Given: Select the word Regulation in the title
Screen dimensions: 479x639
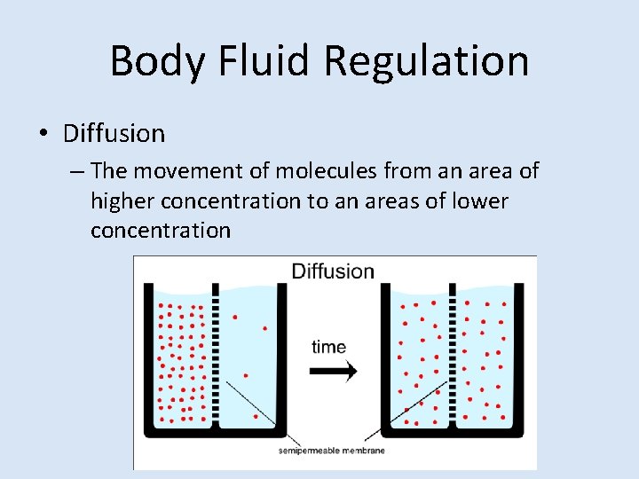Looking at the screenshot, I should point(426,61).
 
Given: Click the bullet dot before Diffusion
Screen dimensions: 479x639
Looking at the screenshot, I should point(43,135).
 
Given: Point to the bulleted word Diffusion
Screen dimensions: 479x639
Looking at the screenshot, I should point(114,134).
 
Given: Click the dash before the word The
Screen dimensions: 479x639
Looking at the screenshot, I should point(77,170).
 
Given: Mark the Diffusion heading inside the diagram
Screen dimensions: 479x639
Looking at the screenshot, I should point(333,271).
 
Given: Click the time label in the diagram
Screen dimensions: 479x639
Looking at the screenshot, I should point(328,347).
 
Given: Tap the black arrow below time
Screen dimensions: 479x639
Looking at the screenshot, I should point(334,370).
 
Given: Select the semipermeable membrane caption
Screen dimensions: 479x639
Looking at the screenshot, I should point(332,451).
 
